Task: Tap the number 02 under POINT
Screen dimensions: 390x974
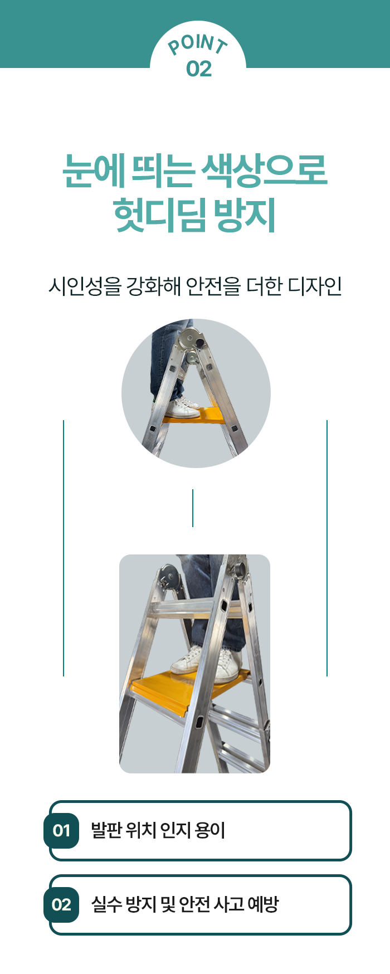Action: [x=199, y=69]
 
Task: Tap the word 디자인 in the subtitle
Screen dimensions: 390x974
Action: [x=314, y=286]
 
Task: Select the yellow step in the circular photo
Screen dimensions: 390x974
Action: [x=194, y=416]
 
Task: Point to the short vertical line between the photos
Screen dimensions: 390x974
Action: [x=193, y=508]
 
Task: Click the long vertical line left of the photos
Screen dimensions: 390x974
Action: [x=64, y=548]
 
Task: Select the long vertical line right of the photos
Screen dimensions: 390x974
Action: [x=327, y=548]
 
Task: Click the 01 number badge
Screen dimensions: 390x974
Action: [x=61, y=830]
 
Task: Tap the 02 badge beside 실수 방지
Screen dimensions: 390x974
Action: [x=61, y=904]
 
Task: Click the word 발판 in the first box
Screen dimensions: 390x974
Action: [x=105, y=830]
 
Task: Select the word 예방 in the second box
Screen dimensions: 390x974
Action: [x=262, y=904]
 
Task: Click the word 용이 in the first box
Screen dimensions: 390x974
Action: [x=209, y=830]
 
